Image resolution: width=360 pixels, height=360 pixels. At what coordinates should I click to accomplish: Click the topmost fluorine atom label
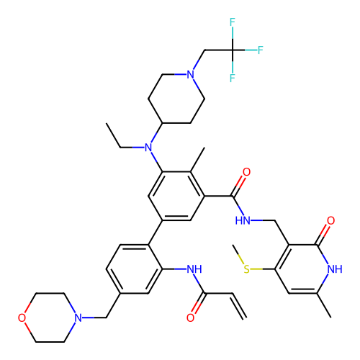[x=232, y=22]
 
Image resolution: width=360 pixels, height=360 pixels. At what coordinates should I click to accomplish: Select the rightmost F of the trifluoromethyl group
[x=261, y=50]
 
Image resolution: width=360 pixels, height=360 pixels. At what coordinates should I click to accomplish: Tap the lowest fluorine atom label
[x=232, y=78]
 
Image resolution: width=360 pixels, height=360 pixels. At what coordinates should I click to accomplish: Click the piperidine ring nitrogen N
[x=190, y=74]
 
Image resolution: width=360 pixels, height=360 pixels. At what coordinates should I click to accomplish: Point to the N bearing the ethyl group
[x=148, y=148]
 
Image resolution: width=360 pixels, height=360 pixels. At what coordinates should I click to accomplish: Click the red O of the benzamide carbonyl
[x=246, y=172]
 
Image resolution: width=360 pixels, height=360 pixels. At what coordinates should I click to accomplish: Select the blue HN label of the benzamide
[x=243, y=220]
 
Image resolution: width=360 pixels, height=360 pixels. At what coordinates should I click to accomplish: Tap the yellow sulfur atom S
[x=246, y=269]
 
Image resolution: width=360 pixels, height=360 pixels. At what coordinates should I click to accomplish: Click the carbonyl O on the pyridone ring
[x=330, y=220]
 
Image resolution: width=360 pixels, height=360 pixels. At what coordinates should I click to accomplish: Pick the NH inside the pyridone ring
[x=335, y=269]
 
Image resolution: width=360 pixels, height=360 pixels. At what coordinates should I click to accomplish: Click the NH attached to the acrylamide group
[x=194, y=269]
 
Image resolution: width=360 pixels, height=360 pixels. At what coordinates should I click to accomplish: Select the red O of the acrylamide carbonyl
[x=190, y=318]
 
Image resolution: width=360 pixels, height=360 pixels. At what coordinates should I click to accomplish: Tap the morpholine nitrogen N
[x=78, y=318]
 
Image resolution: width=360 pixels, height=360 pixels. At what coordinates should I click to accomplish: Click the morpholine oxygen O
[x=22, y=318]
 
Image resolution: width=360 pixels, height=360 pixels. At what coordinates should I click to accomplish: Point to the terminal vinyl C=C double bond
[x=239, y=306]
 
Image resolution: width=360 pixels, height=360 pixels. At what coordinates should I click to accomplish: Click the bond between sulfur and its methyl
[x=238, y=254]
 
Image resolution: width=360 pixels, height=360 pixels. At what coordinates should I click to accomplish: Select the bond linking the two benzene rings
[x=156, y=233]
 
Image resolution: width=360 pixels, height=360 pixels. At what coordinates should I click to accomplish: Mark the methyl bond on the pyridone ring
[x=324, y=305]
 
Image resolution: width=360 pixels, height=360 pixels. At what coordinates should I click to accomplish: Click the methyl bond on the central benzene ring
[x=197, y=160]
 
